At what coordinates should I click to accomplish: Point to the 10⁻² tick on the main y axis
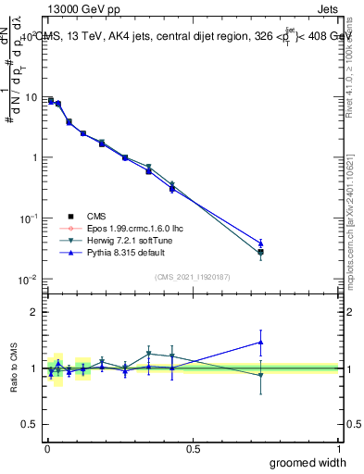27,279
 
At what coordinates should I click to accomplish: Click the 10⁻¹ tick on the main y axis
27,218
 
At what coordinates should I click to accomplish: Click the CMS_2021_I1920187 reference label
192,277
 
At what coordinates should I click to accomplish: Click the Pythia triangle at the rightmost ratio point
261,343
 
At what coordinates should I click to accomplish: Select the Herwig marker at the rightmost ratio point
261,375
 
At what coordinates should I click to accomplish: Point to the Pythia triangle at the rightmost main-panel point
261,243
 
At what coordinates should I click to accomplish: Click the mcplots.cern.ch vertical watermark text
356,222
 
